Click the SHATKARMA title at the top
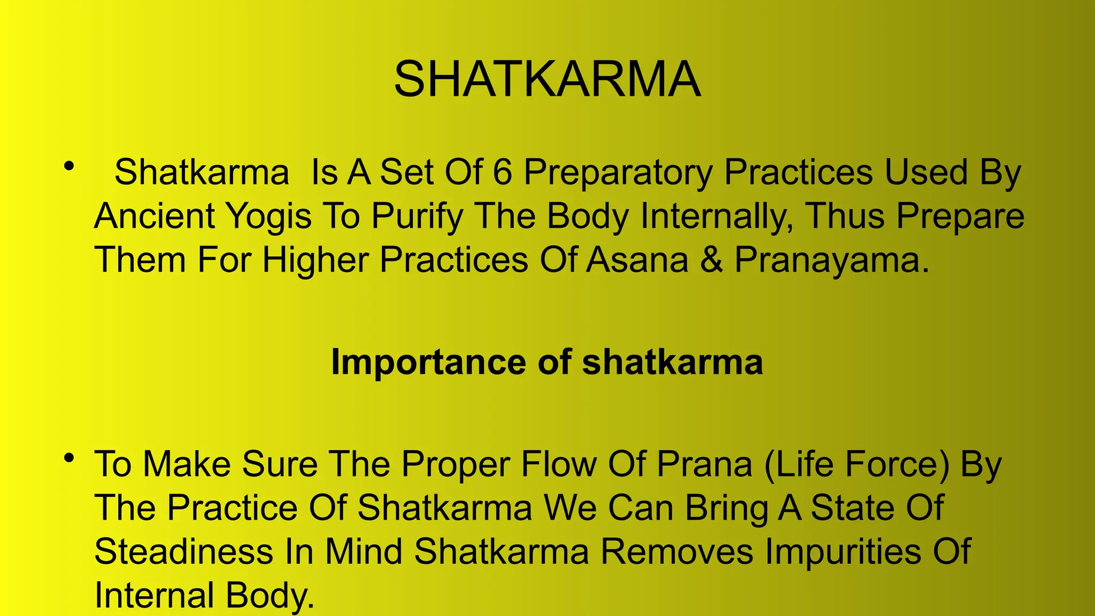(547, 79)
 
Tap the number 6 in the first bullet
(502, 172)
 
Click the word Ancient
(155, 216)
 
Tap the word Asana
(637, 260)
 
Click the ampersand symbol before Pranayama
(711, 260)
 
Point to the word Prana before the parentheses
(704, 464)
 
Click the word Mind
(364, 551)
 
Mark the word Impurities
(843, 551)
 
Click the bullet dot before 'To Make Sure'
(68, 458)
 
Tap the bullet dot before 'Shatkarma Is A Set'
(68, 166)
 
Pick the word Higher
(315, 260)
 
